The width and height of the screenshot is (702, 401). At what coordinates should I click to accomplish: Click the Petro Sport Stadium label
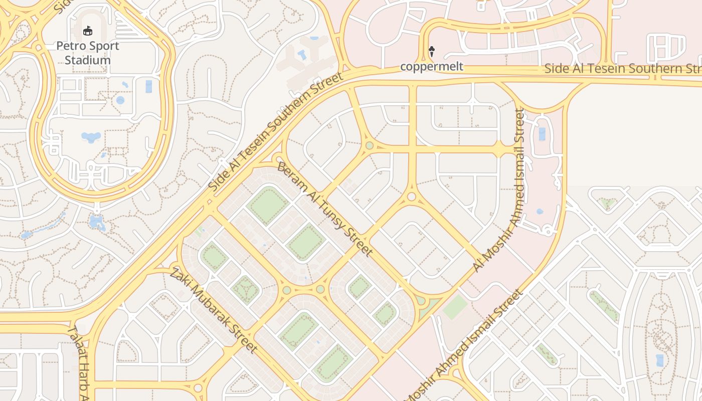click(x=88, y=53)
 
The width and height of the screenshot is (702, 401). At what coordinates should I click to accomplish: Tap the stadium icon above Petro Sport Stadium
click(x=88, y=31)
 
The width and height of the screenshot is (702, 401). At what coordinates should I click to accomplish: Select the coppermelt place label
click(x=431, y=66)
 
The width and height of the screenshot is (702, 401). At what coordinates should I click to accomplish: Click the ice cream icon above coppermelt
click(x=431, y=51)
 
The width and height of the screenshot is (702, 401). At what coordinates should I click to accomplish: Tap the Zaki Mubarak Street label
click(x=214, y=310)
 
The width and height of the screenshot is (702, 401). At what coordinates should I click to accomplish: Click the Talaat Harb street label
click(x=77, y=363)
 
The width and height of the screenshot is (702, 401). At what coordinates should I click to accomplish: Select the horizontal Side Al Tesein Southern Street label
click(x=622, y=68)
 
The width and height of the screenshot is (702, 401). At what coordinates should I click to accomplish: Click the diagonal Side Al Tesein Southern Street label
click(x=275, y=131)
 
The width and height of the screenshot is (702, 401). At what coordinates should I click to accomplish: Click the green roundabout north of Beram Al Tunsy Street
click(x=370, y=145)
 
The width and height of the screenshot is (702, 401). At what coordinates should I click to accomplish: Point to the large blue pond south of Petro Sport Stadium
click(x=91, y=137)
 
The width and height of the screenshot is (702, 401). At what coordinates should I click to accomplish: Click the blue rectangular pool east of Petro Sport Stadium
click(x=149, y=86)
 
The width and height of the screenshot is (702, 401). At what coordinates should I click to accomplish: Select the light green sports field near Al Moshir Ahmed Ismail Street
click(x=455, y=307)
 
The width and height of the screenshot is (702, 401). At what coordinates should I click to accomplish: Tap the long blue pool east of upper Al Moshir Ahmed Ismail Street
click(x=542, y=134)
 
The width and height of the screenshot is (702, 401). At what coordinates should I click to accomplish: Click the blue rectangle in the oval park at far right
click(x=659, y=360)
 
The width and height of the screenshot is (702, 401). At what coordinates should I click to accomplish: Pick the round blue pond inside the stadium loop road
click(x=120, y=100)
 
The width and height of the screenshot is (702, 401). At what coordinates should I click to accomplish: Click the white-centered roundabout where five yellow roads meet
click(x=412, y=196)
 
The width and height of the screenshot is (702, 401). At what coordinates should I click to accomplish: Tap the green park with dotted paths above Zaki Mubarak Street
click(x=245, y=289)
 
